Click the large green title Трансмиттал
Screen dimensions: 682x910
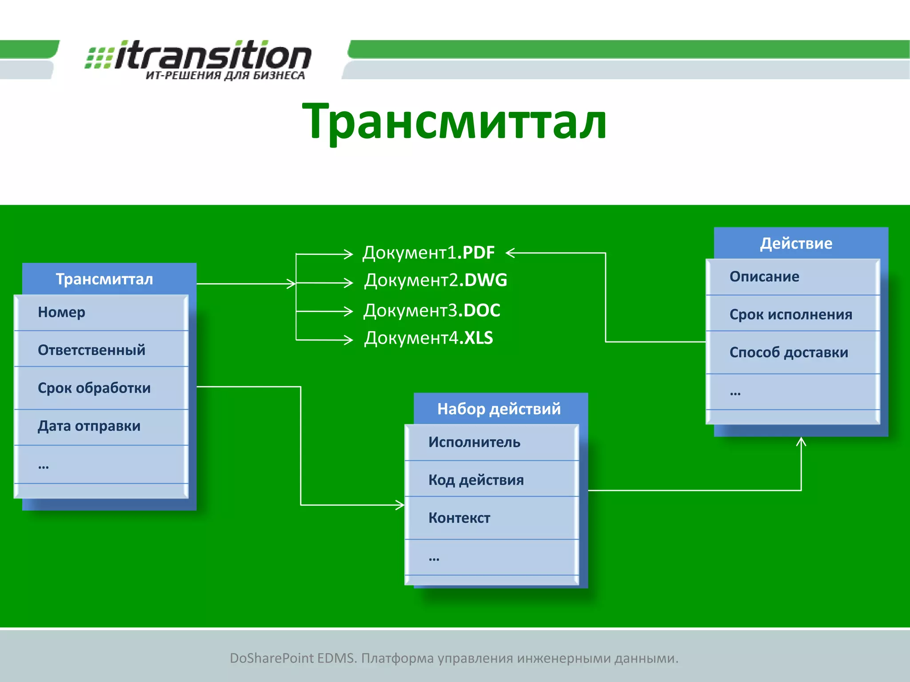pyautogui.click(x=454, y=121)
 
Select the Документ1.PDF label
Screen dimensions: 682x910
pyautogui.click(x=428, y=253)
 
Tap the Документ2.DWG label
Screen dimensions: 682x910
pyautogui.click(x=435, y=280)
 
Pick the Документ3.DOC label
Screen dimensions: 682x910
pyautogui.click(x=432, y=310)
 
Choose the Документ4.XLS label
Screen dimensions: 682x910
pyautogui.click(x=428, y=338)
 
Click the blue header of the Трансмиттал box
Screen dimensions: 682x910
pyautogui.click(x=105, y=279)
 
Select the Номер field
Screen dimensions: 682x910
pyautogui.click(x=101, y=312)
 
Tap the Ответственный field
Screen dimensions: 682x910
pyautogui.click(x=101, y=350)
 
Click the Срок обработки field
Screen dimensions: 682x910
pyautogui.click(x=101, y=388)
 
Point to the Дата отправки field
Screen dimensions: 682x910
pyautogui.click(x=101, y=426)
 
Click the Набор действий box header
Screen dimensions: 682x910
pyautogui.click(x=499, y=408)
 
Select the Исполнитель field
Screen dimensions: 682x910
pyautogui.click(x=491, y=442)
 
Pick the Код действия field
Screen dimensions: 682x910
pyautogui.click(x=491, y=480)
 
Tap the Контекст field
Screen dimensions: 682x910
pyautogui.click(x=491, y=518)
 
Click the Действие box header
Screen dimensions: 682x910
pyautogui.click(x=796, y=243)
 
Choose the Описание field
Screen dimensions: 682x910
pyautogui.click(x=793, y=277)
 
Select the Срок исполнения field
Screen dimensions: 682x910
pyautogui.click(x=793, y=314)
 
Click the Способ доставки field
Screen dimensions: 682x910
pyautogui.click(x=793, y=352)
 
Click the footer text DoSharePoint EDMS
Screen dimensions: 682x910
pyautogui.click(x=454, y=658)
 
